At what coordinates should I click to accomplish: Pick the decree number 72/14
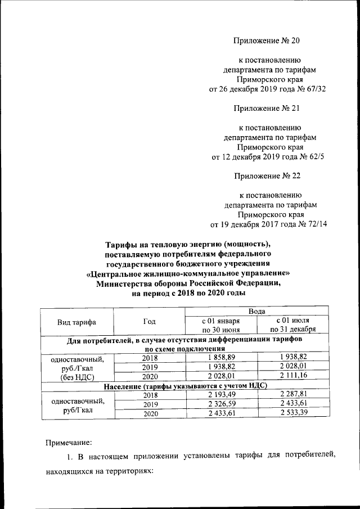point(317,224)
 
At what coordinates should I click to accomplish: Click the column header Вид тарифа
point(76,322)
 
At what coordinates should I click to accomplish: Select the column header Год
point(149,322)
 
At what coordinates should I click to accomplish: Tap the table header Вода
point(258,311)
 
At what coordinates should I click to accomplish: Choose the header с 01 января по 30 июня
point(221,325)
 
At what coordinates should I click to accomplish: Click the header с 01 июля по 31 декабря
point(292,325)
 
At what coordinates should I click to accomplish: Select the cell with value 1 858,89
point(220,358)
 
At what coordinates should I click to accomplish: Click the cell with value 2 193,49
point(220,395)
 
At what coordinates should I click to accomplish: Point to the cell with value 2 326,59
point(220,404)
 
